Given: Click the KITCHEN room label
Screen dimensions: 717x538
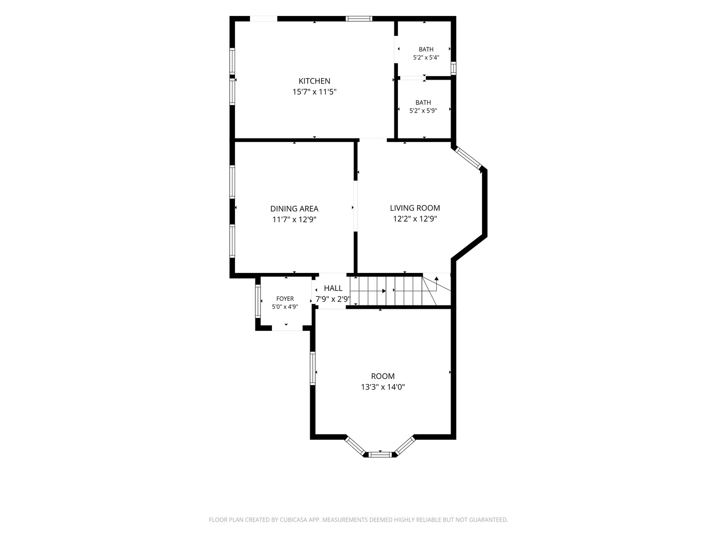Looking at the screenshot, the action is (x=314, y=81).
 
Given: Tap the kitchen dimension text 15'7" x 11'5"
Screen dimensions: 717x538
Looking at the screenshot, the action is (x=314, y=92).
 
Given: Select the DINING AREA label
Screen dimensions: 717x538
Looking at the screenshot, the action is (x=294, y=209).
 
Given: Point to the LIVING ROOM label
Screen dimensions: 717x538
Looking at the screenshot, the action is (x=415, y=208).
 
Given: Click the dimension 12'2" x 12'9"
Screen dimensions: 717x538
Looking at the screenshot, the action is (x=415, y=219).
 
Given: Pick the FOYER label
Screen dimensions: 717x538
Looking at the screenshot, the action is (x=285, y=298).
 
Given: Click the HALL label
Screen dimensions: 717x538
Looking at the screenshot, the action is (x=333, y=288).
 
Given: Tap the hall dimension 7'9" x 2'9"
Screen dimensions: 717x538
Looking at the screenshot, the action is (x=333, y=299).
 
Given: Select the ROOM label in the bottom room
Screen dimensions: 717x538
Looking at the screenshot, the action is (x=383, y=376).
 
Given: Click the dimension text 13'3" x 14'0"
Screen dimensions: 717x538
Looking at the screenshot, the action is (x=383, y=387).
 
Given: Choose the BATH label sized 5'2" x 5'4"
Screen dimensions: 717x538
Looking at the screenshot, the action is (x=426, y=49).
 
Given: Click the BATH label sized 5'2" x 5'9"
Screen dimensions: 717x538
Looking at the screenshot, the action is (x=423, y=103).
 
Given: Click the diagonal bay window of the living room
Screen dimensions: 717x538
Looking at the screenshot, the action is (x=469, y=158).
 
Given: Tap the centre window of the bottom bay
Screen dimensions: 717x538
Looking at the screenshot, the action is (x=380, y=454).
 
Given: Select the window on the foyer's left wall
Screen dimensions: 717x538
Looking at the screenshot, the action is (x=258, y=301).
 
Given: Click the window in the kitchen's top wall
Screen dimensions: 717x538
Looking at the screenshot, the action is (x=359, y=18).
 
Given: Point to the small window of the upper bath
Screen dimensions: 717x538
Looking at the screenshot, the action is (x=454, y=68).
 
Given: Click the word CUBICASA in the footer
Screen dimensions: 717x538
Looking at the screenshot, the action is (x=293, y=520).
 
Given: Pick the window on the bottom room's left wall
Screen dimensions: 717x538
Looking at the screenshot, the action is (x=313, y=368).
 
